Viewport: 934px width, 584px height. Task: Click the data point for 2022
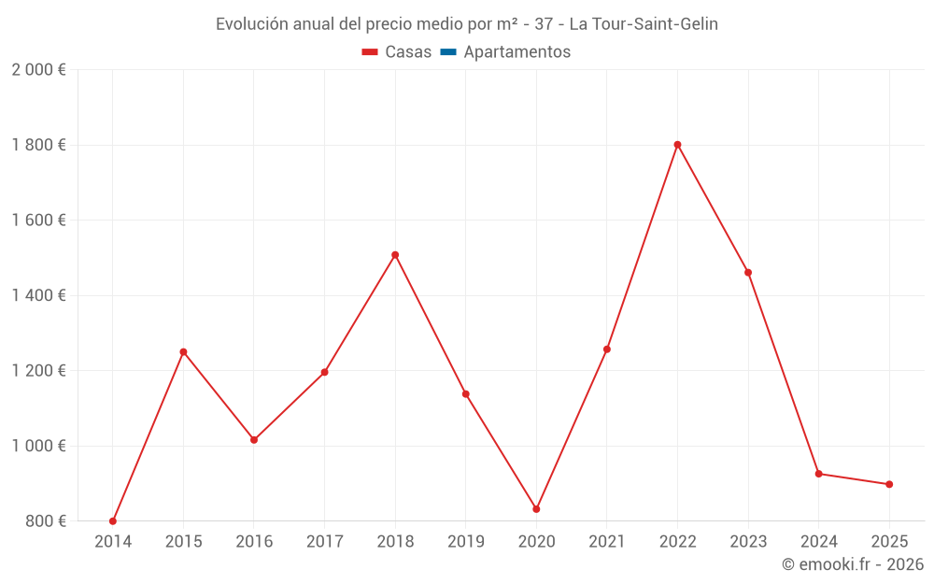click(677, 145)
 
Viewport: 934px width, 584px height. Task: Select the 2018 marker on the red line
click(395, 255)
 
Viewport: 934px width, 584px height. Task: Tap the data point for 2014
click(113, 520)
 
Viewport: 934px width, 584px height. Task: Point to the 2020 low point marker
click(536, 509)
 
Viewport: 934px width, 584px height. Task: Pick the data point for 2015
click(183, 352)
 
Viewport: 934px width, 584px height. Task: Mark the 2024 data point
click(819, 474)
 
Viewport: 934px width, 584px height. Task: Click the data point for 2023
click(748, 273)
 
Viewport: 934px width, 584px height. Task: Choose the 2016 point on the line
click(254, 440)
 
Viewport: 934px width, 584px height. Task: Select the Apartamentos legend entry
click(517, 52)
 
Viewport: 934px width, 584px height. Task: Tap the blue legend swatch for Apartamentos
click(447, 52)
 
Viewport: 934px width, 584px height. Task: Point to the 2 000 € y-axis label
click(38, 70)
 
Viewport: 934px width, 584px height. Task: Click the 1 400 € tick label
click(38, 295)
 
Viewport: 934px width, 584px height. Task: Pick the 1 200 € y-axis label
click(38, 371)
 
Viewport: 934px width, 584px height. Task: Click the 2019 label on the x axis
click(465, 542)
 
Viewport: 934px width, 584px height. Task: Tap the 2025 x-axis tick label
click(889, 542)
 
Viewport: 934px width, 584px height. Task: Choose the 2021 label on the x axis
click(607, 542)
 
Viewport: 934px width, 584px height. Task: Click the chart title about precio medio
click(467, 24)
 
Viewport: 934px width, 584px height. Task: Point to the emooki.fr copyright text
click(853, 564)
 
